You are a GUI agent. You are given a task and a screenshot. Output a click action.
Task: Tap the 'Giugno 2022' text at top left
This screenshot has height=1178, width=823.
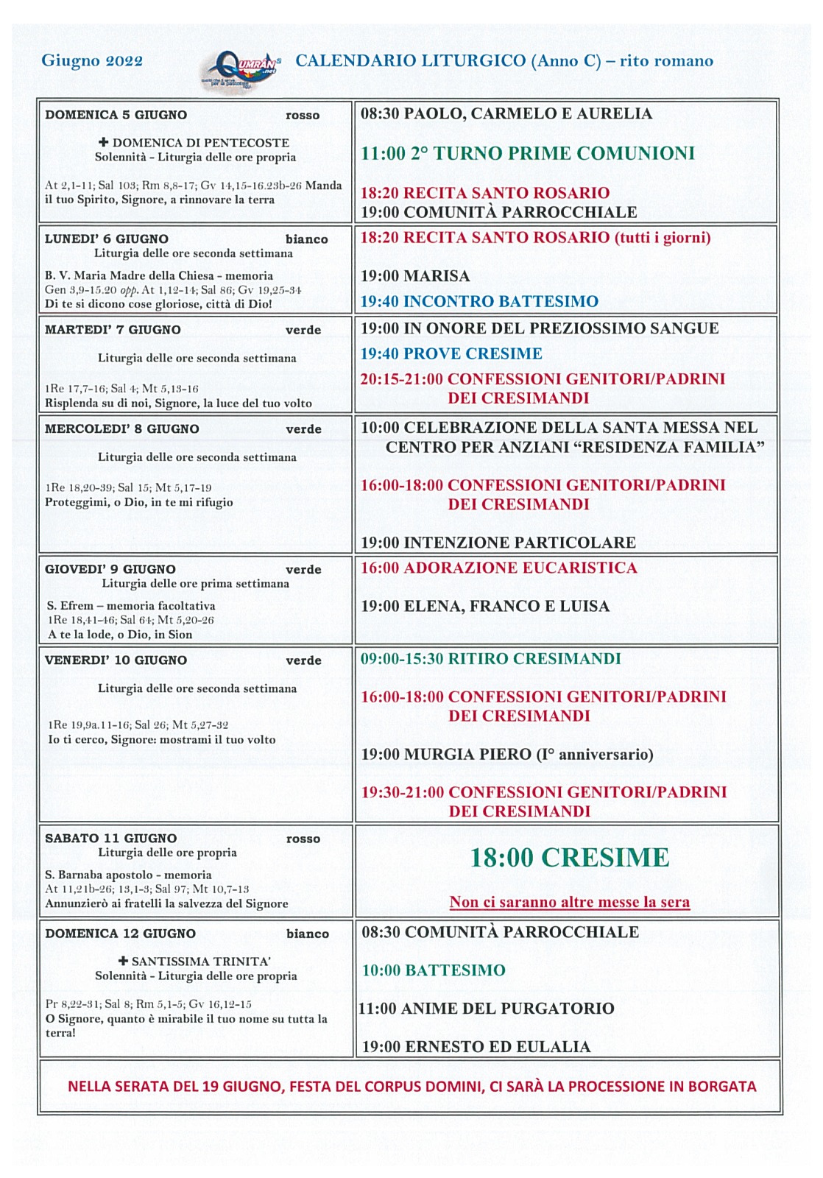[92, 60]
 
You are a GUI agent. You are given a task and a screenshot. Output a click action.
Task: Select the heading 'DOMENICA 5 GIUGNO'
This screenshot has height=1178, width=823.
[116, 115]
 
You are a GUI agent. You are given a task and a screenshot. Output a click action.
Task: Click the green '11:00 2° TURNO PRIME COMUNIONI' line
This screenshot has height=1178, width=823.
[527, 153]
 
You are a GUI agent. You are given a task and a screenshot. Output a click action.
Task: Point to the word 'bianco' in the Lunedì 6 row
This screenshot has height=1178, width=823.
[306, 239]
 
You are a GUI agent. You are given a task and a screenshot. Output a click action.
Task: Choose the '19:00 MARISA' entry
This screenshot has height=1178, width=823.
[414, 276]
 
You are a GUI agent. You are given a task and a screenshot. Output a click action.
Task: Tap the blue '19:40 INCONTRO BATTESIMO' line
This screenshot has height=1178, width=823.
[478, 301]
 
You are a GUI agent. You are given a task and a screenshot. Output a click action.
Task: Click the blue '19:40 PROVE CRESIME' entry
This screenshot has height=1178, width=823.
[451, 353]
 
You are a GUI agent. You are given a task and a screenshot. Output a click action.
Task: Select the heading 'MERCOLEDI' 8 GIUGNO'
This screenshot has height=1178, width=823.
[121, 428]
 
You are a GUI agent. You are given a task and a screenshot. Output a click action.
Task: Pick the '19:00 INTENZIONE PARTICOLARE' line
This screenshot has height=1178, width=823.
[498, 543]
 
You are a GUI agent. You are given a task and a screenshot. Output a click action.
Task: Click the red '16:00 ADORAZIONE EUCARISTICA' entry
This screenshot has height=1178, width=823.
[498, 568]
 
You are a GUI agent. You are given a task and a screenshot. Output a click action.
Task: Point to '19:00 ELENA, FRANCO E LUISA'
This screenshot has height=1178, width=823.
[484, 606]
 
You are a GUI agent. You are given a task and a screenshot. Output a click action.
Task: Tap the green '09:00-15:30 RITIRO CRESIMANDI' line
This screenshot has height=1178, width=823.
[490, 658]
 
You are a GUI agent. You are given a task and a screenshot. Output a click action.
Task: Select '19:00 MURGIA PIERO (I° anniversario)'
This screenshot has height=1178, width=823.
[506, 754]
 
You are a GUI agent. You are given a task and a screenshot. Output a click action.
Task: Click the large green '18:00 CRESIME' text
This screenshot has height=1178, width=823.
[569, 858]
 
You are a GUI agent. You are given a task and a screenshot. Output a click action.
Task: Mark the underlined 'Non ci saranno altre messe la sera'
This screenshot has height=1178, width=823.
[569, 902]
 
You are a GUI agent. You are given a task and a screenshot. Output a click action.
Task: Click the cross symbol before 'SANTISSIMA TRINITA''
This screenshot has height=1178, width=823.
[123, 961]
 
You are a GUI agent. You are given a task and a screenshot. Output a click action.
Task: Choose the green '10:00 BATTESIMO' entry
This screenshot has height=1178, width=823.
[433, 970]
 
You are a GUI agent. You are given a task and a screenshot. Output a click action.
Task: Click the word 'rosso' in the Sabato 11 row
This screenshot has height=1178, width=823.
[303, 839]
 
